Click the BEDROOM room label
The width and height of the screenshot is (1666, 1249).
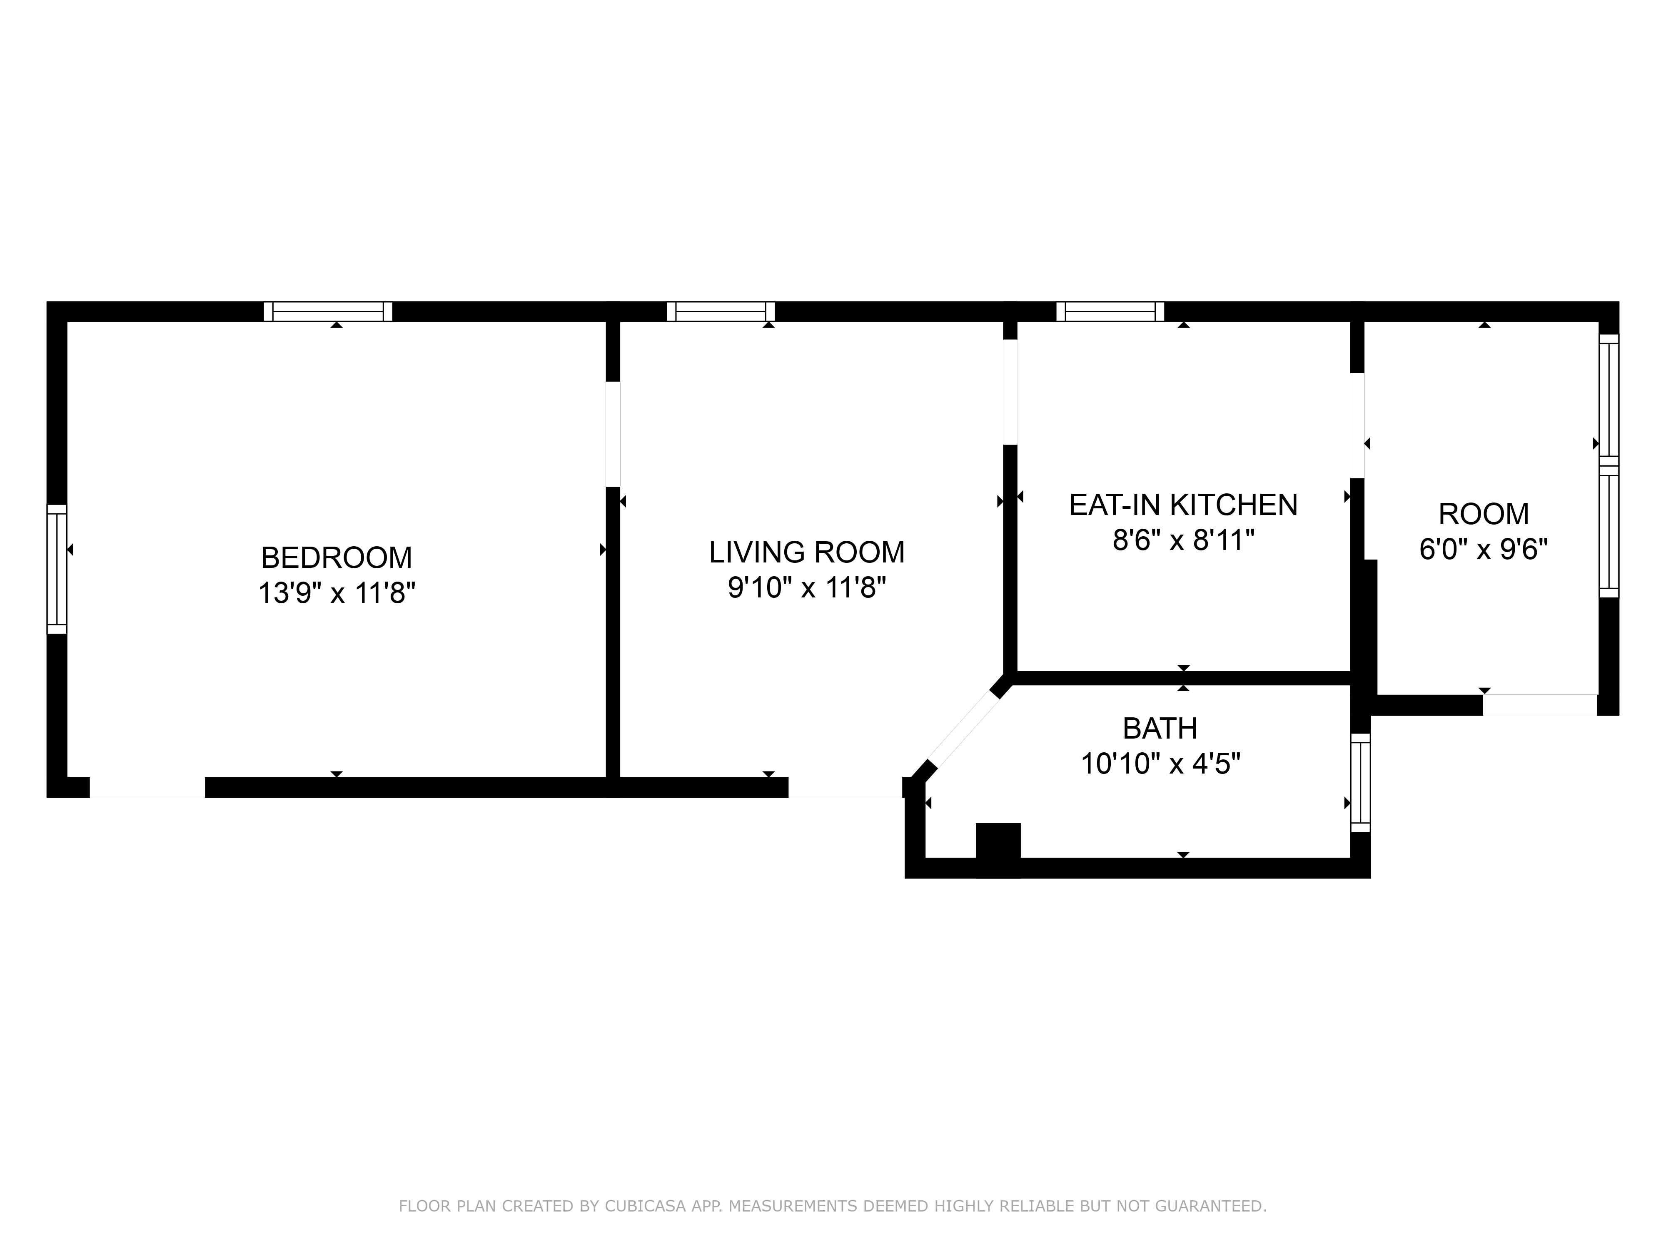(x=336, y=558)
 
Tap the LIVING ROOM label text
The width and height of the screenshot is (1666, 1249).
(x=807, y=552)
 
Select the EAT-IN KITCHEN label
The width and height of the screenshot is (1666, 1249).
(x=1183, y=505)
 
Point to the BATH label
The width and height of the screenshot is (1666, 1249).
(x=1160, y=729)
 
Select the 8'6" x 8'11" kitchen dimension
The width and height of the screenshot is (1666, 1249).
(x=1183, y=540)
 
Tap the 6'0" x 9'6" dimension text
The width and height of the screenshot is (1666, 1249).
(x=1483, y=550)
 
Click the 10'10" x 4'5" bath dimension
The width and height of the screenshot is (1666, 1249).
(x=1160, y=764)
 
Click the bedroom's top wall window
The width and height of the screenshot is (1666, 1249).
(x=328, y=312)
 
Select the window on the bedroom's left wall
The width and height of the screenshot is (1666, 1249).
(x=57, y=569)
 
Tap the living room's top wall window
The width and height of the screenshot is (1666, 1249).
(x=721, y=312)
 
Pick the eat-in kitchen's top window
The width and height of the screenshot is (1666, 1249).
(x=1110, y=312)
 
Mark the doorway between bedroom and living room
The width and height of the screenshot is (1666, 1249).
(x=613, y=434)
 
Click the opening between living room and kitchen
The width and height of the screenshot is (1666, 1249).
(x=1010, y=392)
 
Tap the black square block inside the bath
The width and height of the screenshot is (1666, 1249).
(x=998, y=850)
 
